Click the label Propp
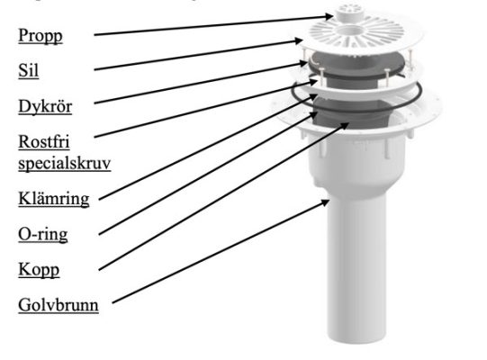point(41,36)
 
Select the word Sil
point(28,70)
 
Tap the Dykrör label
point(45,106)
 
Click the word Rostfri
point(44,141)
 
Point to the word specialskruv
point(65,163)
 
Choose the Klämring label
point(54,199)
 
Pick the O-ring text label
point(43,234)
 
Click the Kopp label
point(39,270)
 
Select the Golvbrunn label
point(59,305)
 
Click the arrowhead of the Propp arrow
point(329,16)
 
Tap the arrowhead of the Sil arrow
point(300,40)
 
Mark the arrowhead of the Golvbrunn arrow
point(326,202)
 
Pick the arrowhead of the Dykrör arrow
point(304,63)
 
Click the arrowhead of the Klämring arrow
point(313,98)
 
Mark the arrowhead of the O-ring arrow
point(313,115)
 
